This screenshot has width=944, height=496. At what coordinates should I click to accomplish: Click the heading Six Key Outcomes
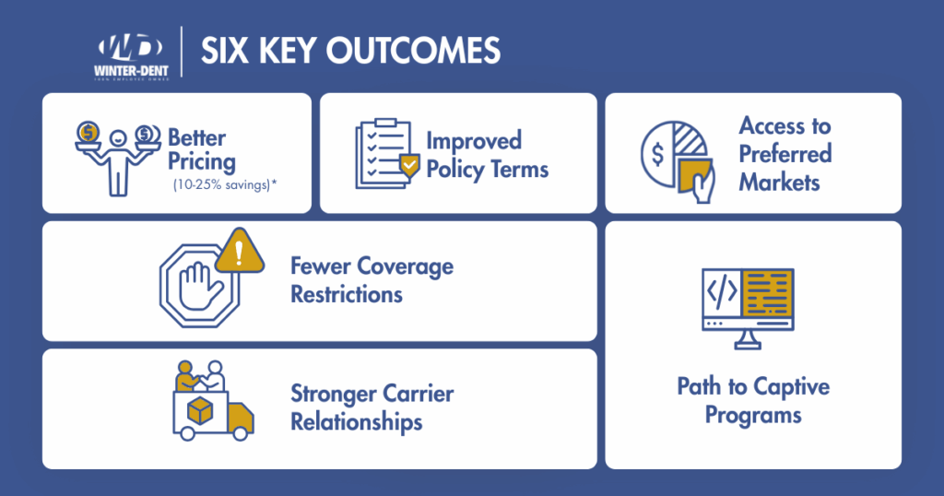pyautogui.click(x=350, y=51)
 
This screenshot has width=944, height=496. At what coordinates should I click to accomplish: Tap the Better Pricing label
pyautogui.click(x=201, y=149)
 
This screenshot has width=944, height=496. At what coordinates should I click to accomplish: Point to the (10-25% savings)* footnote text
pyautogui.click(x=225, y=184)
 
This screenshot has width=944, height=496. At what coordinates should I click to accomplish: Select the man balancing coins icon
pyautogui.click(x=115, y=157)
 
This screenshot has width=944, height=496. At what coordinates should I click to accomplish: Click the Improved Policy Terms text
pyautogui.click(x=487, y=155)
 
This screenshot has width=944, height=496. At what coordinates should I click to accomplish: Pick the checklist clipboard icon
pyautogui.click(x=383, y=154)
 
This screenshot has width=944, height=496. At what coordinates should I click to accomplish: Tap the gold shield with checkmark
pyautogui.click(x=408, y=166)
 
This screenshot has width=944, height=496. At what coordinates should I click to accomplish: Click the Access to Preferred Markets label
pyautogui.click(x=785, y=153)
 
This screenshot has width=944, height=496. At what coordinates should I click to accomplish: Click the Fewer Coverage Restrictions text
pyautogui.click(x=372, y=280)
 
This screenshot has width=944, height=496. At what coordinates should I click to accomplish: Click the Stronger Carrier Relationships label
pyautogui.click(x=372, y=407)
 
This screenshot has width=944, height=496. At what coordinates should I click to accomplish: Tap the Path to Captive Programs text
pyautogui.click(x=753, y=400)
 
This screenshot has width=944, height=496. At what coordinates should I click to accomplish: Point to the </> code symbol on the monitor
pyautogui.click(x=721, y=293)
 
